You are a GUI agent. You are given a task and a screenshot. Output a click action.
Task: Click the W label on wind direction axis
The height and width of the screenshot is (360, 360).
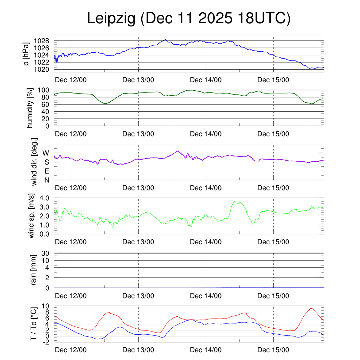coord(46,153)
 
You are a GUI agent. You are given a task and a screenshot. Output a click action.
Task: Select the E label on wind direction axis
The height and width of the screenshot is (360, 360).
coord(46,171)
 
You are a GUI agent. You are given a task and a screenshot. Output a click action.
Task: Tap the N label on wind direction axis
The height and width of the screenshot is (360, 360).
coord(46,180)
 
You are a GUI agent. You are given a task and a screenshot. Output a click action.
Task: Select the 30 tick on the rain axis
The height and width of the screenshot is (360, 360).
coord(47,253)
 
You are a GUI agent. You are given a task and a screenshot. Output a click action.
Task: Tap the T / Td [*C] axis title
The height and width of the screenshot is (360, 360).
coord(34,323)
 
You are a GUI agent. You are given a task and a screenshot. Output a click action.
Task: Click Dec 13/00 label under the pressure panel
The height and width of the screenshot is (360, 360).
coord(139,80)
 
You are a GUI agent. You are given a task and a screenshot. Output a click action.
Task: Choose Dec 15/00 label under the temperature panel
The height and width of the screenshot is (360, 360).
coord(274,350)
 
